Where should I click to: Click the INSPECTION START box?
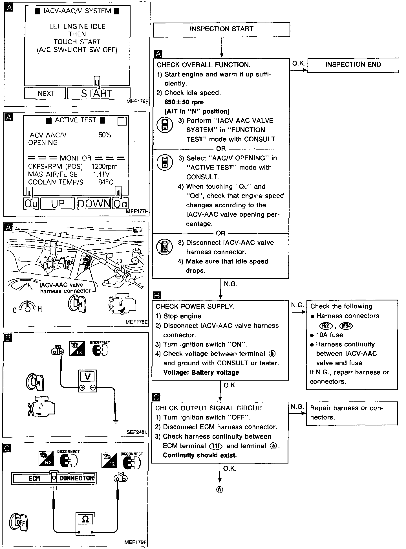pos(221,29)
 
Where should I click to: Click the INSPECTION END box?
pos(353,65)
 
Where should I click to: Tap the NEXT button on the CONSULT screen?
pos(45,93)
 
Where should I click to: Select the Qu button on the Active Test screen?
pos(31,203)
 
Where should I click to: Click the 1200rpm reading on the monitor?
pos(104,166)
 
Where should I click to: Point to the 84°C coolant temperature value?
pos(105,182)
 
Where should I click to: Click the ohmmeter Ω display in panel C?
pos(85,519)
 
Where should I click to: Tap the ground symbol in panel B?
pos(115,421)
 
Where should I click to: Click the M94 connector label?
pos(347,326)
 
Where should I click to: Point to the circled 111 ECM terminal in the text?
pos(216,446)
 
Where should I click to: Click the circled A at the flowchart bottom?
pos(219,490)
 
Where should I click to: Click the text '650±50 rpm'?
pos(184,102)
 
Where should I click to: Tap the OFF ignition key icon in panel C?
pos(19,522)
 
